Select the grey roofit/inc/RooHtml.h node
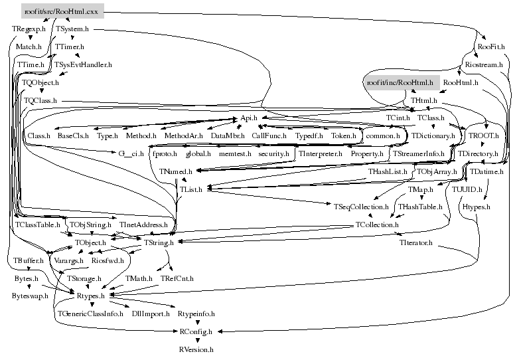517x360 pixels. tap(400, 82)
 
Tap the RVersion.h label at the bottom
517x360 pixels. tap(196, 349)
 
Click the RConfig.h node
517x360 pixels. tap(196, 331)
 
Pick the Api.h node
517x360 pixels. tap(248, 118)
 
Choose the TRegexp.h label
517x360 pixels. tap(29, 29)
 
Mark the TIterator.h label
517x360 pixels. tap(416, 243)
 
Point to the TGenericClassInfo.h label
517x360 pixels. tap(90, 313)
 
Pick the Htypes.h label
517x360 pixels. tap(476, 207)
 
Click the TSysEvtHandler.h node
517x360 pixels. tap(83, 65)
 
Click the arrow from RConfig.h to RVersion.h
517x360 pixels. tap(196, 339)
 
